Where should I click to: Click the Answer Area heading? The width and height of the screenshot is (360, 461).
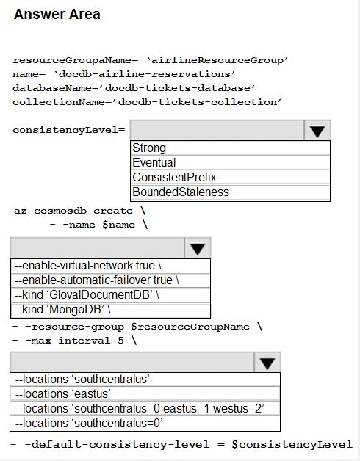click(57, 14)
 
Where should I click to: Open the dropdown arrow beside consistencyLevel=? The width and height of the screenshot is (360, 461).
click(317, 130)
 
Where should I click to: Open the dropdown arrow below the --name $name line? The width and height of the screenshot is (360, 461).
click(198, 248)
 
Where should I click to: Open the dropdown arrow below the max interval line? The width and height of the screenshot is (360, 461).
click(267, 362)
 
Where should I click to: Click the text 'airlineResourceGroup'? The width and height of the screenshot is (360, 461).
click(217, 61)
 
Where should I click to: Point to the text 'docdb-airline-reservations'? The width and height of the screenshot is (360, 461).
click(145, 74)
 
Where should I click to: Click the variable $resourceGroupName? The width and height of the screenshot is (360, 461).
click(190, 327)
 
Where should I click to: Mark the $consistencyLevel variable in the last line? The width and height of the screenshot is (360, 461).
click(292, 444)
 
